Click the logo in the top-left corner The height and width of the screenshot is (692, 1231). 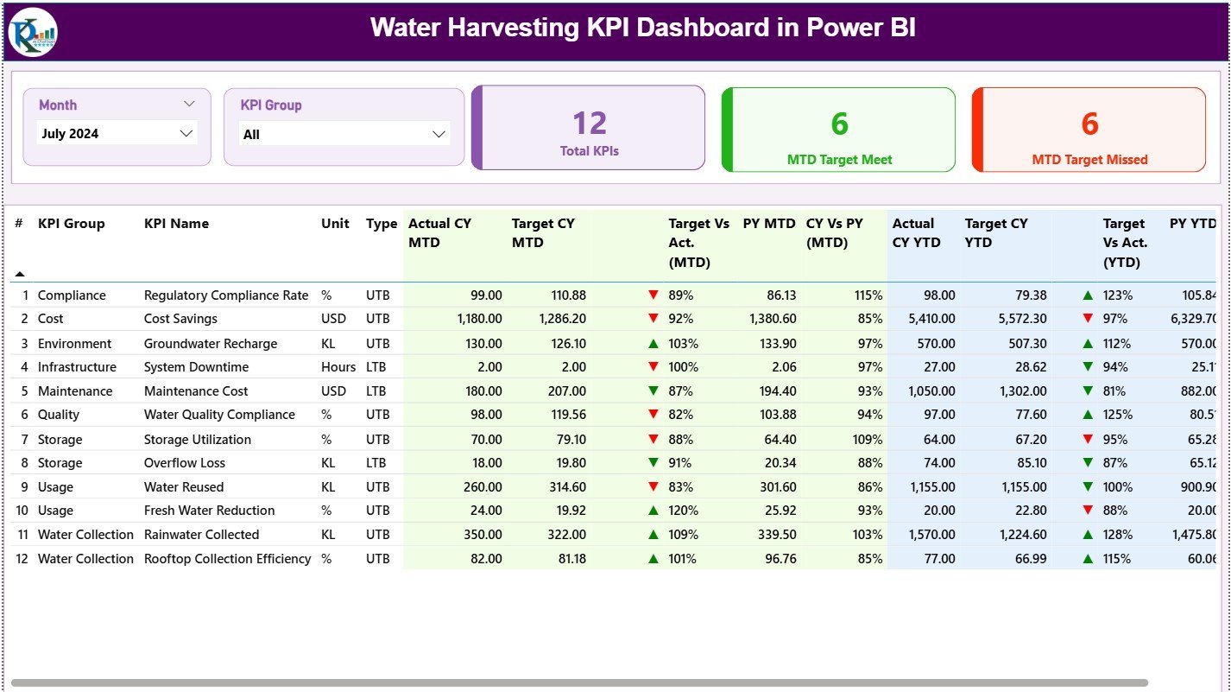click(x=33, y=32)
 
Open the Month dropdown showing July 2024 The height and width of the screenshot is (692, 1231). click(x=117, y=134)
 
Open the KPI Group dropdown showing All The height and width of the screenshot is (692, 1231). click(x=344, y=135)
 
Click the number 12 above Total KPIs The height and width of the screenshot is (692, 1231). click(x=590, y=124)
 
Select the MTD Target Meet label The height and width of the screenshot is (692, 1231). click(x=839, y=160)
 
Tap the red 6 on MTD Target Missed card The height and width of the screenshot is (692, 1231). click(x=1089, y=124)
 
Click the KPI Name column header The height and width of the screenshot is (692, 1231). click(x=176, y=224)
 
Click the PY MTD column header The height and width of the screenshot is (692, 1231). click(x=768, y=224)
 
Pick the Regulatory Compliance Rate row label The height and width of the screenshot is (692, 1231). click(x=225, y=295)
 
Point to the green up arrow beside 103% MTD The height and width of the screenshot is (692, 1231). click(x=653, y=344)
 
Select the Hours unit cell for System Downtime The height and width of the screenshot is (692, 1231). click(x=338, y=367)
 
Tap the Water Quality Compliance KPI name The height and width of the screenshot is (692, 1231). click(x=219, y=415)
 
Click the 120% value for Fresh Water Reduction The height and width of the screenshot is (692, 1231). click(x=682, y=511)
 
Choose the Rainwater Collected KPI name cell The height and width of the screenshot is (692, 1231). click(x=201, y=535)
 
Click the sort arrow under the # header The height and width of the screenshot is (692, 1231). click(x=20, y=274)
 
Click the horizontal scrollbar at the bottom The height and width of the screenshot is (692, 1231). click(x=578, y=682)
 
